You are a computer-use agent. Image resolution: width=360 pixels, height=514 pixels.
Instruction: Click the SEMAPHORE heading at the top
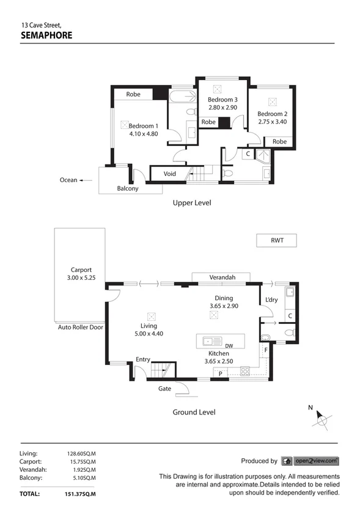tap(46, 35)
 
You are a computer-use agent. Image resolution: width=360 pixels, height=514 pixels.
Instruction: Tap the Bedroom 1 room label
tap(144, 126)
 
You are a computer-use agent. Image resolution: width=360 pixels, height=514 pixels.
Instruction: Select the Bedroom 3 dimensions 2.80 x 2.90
tap(222, 108)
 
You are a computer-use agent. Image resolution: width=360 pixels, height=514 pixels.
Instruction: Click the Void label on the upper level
tap(170, 174)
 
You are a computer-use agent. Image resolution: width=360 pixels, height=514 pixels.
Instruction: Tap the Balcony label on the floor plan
tap(128, 189)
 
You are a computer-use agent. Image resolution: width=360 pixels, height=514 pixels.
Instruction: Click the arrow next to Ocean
tap(86, 180)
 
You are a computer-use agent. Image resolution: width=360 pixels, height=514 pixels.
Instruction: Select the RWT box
tap(276, 241)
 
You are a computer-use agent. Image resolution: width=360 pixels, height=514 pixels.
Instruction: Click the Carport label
tap(81, 270)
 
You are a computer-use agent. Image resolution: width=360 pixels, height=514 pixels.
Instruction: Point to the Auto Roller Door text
tap(81, 328)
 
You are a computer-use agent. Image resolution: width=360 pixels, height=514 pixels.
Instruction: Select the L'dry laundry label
tap(272, 299)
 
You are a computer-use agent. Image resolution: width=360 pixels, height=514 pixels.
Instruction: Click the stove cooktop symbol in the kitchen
tap(246, 371)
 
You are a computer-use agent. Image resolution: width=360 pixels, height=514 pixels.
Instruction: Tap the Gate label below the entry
tap(165, 389)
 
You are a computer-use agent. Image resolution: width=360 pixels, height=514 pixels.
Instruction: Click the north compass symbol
tap(322, 419)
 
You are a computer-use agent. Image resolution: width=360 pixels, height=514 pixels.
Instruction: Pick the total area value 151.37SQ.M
tap(81, 493)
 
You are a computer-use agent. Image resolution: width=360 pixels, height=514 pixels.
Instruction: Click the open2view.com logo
tap(310, 461)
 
